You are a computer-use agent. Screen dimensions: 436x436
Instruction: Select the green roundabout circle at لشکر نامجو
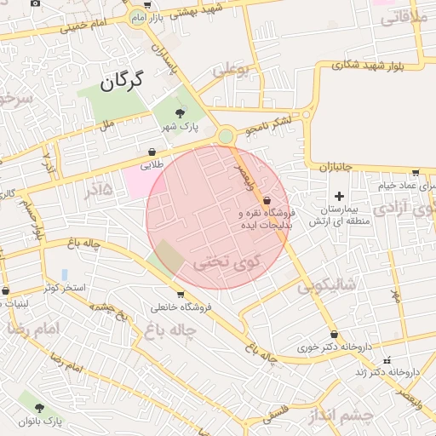coord(226,136)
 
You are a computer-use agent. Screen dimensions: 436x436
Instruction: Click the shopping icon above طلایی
coord(152,152)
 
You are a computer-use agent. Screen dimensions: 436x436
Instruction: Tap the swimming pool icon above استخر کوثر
coord(64,274)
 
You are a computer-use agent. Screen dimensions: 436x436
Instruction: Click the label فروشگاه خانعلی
coord(175,307)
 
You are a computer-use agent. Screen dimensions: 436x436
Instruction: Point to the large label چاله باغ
coord(172,329)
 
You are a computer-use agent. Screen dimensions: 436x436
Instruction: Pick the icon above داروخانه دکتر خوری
coord(333,335)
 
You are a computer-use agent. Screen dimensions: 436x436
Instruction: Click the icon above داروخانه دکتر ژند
coord(388,359)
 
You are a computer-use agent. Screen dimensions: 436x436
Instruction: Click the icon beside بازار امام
coord(137,16)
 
